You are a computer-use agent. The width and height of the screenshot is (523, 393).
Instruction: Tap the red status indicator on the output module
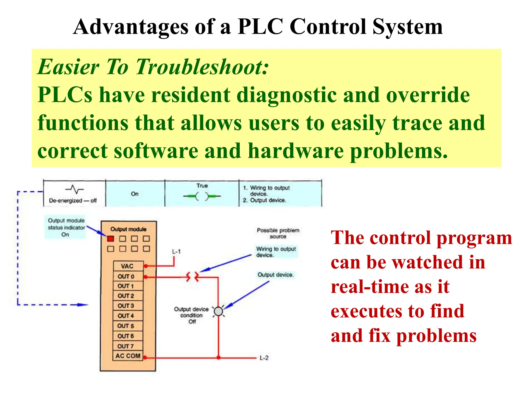coord(110,239)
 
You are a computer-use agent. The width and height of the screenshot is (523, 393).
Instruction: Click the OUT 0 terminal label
coord(126,276)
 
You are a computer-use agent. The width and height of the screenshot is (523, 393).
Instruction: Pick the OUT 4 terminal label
coord(126,316)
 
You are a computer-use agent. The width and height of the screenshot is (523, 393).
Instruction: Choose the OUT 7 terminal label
coord(126,346)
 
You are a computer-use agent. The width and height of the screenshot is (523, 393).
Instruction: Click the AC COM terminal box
coord(128,356)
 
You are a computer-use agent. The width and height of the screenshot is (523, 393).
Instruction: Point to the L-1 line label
coord(176,252)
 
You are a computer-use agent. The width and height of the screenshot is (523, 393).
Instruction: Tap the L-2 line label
coord(264,358)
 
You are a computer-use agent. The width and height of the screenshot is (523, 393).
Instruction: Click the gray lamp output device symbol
coord(218,311)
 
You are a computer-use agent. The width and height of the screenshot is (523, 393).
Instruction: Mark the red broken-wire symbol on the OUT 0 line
coord(192,277)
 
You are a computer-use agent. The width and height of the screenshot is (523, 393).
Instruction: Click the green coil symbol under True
coord(202,196)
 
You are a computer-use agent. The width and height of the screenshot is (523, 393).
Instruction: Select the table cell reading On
coord(135,194)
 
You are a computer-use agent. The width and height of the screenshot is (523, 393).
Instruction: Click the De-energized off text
coord(73,201)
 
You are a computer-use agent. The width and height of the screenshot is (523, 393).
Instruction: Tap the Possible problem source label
coord(278,233)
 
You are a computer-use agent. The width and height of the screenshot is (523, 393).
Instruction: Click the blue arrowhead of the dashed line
coord(83,305)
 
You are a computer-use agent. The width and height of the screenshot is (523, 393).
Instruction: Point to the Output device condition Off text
coord(192,315)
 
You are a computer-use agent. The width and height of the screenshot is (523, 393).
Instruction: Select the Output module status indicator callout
coord(66,227)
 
